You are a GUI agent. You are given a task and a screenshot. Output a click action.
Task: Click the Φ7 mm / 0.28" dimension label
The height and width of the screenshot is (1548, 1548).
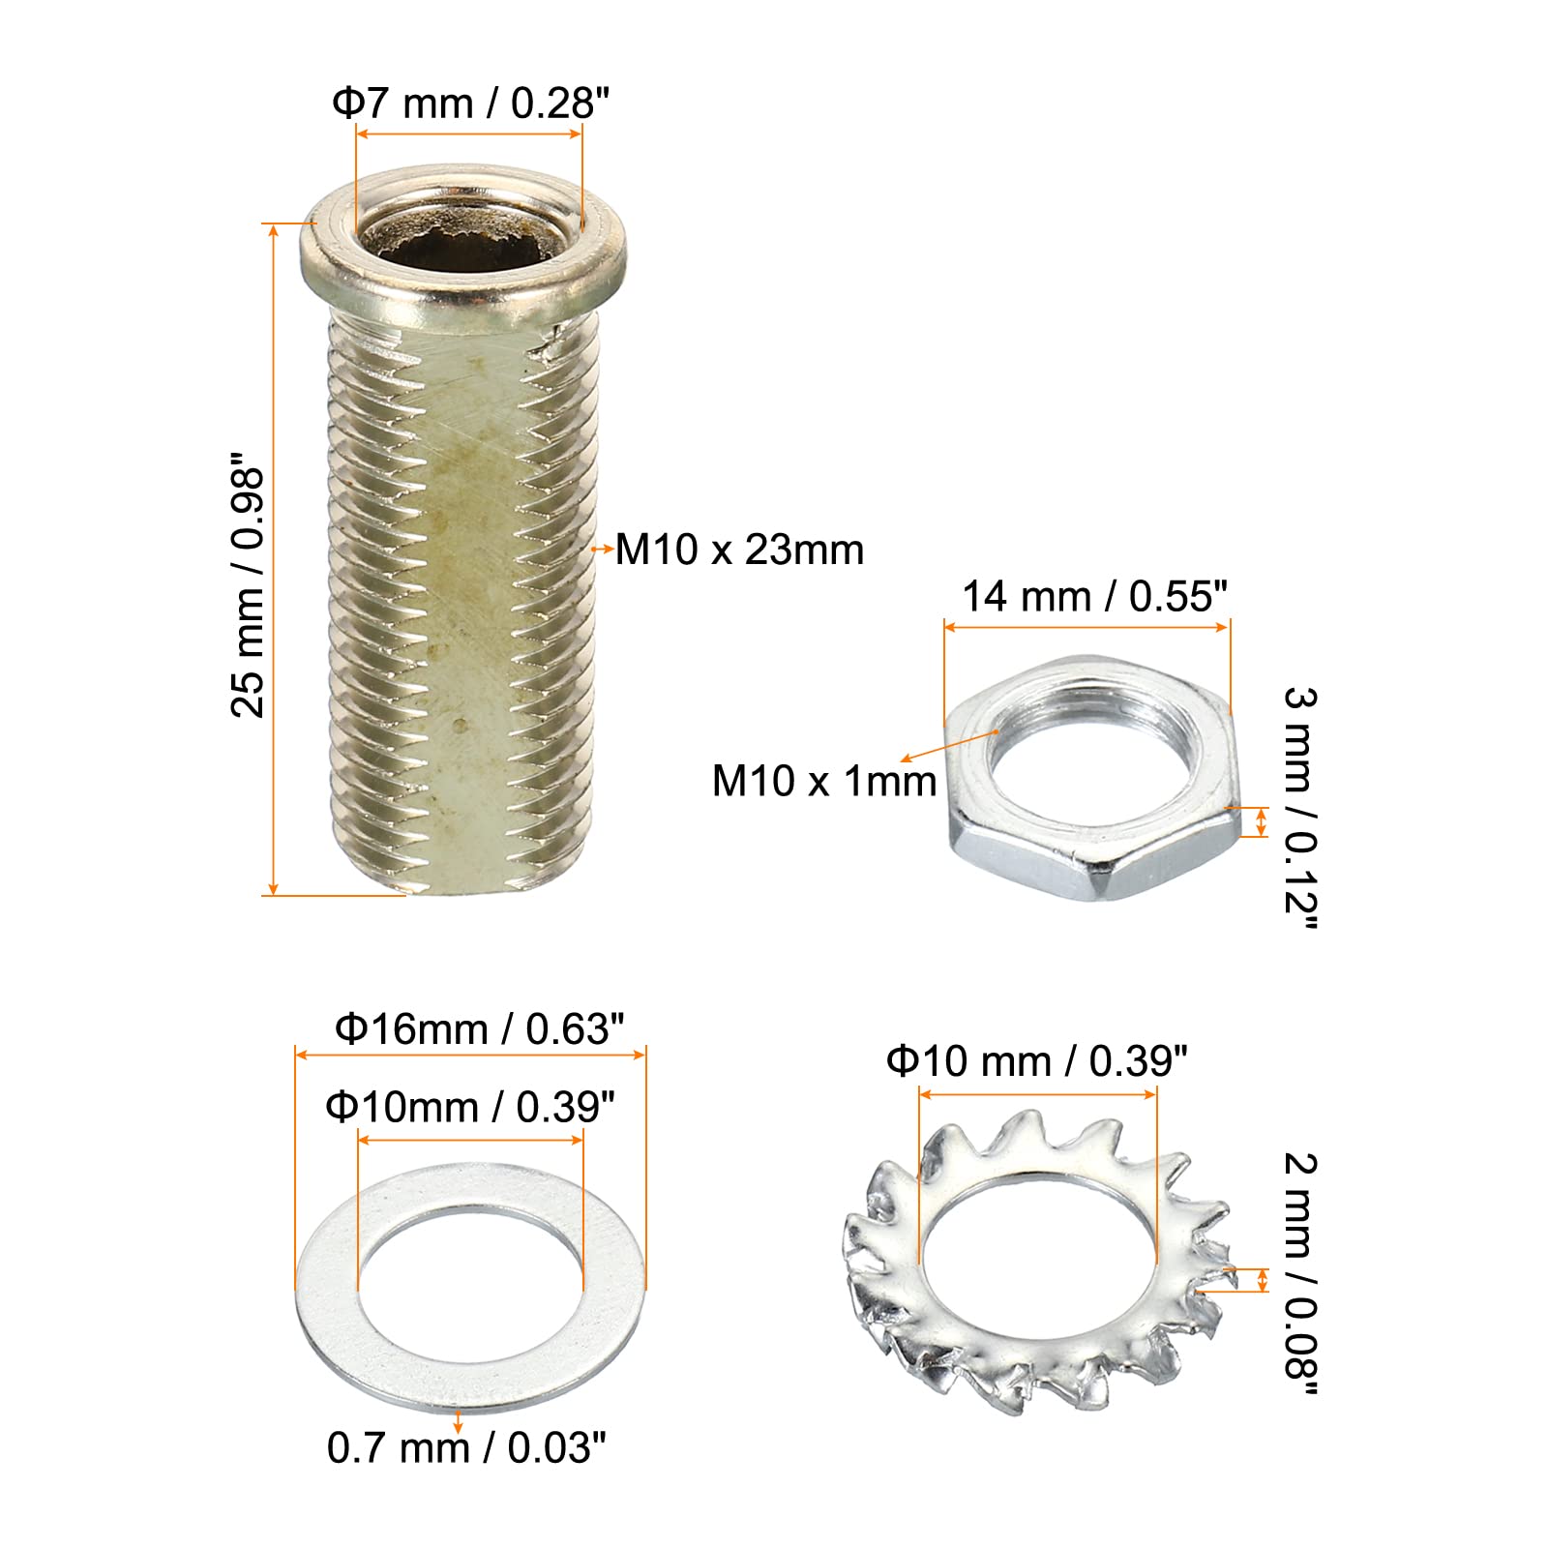(x=471, y=103)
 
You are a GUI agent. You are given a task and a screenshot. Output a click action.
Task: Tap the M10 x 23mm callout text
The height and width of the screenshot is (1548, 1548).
(x=740, y=550)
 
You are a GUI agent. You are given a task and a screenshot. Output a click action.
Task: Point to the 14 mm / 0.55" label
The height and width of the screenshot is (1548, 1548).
(x=1094, y=596)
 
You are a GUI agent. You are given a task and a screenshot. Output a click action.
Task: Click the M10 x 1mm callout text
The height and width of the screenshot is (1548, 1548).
(x=824, y=781)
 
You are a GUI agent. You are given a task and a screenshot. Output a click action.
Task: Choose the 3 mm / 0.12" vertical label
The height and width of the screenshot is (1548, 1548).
(x=1300, y=809)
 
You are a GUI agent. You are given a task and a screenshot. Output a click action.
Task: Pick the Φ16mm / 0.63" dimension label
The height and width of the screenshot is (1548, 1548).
(x=479, y=1028)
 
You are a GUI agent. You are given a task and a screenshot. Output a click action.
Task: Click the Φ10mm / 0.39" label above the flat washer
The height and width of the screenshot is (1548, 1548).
(x=470, y=1107)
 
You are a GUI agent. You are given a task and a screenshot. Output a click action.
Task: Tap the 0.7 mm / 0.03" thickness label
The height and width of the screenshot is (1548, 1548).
(x=466, y=1447)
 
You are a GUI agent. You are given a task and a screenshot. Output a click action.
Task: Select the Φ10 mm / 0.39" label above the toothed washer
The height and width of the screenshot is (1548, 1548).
(x=1037, y=1061)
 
